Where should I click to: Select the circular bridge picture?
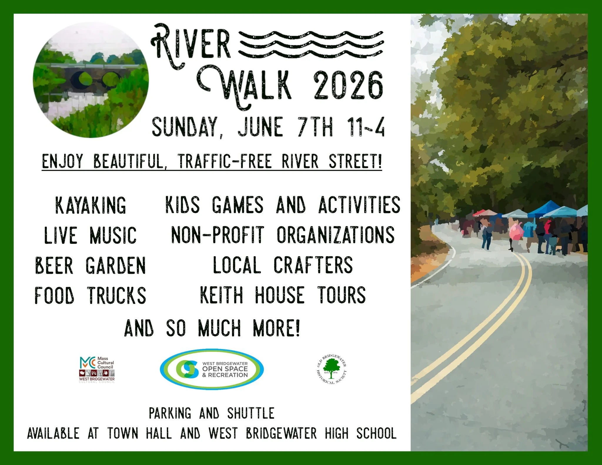tap(91, 80)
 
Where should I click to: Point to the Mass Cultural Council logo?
tap(97, 369)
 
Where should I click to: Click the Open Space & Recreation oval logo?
tap(212, 369)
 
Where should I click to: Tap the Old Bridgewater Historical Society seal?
tap(331, 369)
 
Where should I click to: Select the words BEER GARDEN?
tap(90, 266)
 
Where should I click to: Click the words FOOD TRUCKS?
tap(90, 296)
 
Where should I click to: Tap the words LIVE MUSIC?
tap(90, 235)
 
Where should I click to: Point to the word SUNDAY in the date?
tap(185, 127)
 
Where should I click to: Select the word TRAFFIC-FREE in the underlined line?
tap(225, 161)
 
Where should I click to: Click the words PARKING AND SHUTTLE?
tap(212, 413)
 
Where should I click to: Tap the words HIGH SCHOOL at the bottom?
tap(361, 433)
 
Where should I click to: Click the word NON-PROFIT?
tap(218, 235)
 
